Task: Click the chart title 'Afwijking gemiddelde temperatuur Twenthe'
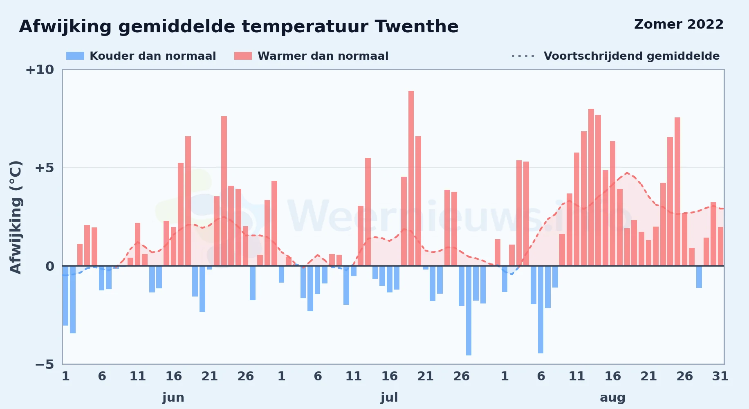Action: tap(239, 27)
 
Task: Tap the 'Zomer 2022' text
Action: tap(679, 24)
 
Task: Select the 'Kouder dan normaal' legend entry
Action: tap(141, 56)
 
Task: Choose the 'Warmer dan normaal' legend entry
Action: tap(311, 56)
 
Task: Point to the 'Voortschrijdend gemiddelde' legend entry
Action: tap(615, 56)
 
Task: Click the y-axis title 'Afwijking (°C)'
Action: tap(16, 217)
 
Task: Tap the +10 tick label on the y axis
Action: tap(40, 70)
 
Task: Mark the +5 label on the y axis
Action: tap(44, 168)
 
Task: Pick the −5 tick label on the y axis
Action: tap(45, 364)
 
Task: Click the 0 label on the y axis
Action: tap(50, 266)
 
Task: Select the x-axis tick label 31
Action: tap(720, 376)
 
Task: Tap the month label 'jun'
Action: tap(173, 398)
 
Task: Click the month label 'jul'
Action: tap(389, 398)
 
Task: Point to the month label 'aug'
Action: tap(612, 398)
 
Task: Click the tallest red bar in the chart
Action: tap(411, 178)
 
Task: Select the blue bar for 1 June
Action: tap(65, 296)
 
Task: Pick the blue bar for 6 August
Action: tap(540, 310)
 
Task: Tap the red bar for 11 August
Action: tap(576, 209)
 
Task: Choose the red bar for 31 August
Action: tap(720, 246)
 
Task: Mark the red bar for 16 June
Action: tap(173, 246)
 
